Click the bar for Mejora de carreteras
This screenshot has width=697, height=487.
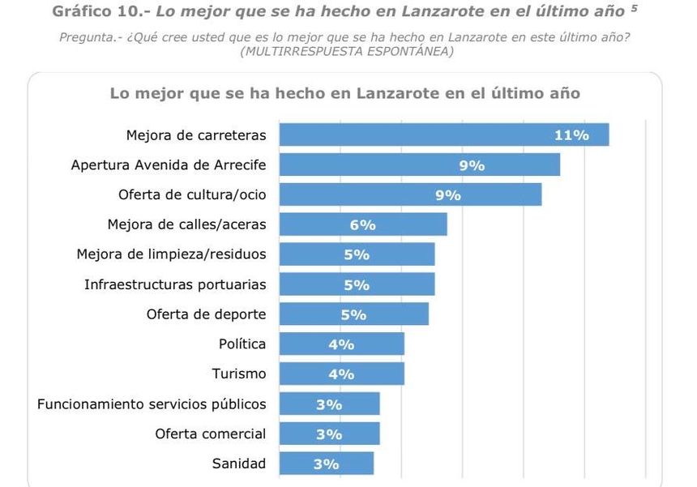[x=443, y=135]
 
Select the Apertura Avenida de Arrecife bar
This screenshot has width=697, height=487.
[x=419, y=164]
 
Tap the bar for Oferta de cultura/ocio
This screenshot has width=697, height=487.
[x=410, y=194]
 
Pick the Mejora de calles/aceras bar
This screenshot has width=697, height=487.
[x=362, y=224]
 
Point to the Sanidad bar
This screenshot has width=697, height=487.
[x=326, y=464]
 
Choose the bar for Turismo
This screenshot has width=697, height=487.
[x=341, y=374]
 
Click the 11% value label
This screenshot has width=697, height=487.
[x=571, y=135]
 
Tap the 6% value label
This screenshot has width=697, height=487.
[x=363, y=225]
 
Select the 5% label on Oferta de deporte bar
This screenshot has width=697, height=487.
[x=354, y=314]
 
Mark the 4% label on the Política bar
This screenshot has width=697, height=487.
[x=341, y=344]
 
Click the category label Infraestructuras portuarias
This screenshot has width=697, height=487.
[x=175, y=284]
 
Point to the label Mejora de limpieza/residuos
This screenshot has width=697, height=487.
[x=171, y=254]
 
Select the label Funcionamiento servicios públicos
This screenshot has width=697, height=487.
[x=152, y=404]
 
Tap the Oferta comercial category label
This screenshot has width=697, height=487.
[x=210, y=434]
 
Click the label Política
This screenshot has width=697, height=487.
[x=242, y=344]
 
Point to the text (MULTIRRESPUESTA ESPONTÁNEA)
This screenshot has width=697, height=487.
[x=347, y=52]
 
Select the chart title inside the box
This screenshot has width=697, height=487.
[x=344, y=93]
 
